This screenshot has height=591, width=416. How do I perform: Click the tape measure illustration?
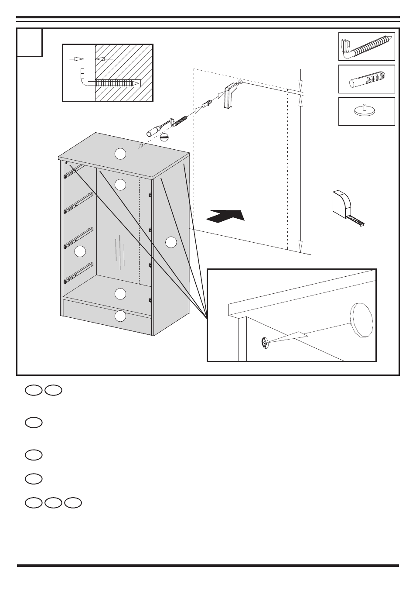pos(344,205)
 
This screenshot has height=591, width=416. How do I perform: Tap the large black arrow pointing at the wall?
pos(225,216)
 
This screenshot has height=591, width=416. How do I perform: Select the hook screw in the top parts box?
pos(366,47)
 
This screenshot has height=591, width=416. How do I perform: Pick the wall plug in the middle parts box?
pos(366,79)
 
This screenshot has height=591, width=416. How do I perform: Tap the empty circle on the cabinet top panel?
pos(120,154)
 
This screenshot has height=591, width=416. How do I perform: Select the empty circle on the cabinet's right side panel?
pos(171,241)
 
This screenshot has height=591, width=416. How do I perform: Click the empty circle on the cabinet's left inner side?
pos(79,251)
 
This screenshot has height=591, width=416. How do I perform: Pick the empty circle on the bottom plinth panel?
pos(120,316)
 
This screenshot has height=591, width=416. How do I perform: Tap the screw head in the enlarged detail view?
pos(264,343)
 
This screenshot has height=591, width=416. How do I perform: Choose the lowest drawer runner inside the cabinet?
pos(78,271)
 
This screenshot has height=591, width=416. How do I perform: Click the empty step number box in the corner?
pos(30,42)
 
